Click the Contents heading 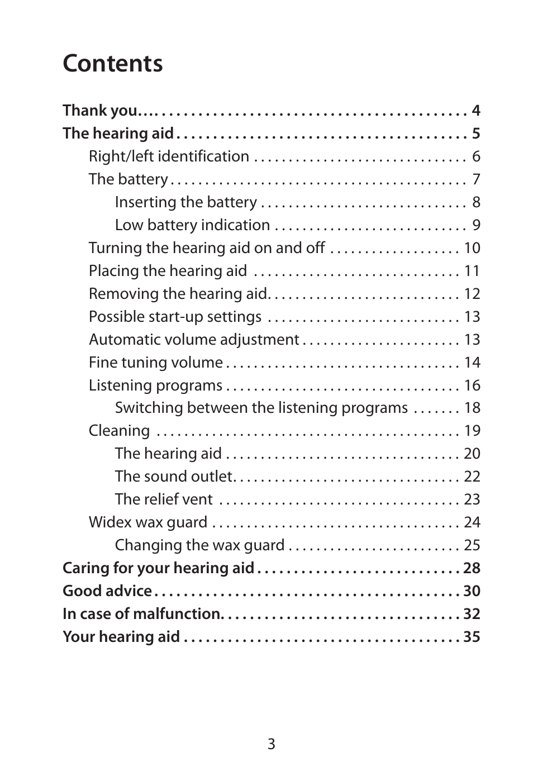pyautogui.click(x=113, y=63)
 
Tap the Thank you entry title pyautogui.click(x=100, y=111)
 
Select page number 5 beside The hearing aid pyautogui.click(x=475, y=134)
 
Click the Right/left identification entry pyautogui.click(x=169, y=156)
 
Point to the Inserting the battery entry pyautogui.click(x=185, y=202)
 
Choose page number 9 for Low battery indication pyautogui.click(x=476, y=225)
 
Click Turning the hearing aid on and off pyautogui.click(x=206, y=248)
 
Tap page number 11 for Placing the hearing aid pyautogui.click(x=472, y=271)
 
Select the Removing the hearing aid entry pyautogui.click(x=178, y=294)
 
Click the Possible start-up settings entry pyautogui.click(x=175, y=317)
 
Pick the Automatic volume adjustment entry pyautogui.click(x=194, y=340)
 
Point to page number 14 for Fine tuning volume pyautogui.click(x=472, y=363)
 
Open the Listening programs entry pyautogui.click(x=155, y=385)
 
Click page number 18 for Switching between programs pyautogui.click(x=472, y=408)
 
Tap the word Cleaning pyautogui.click(x=119, y=431)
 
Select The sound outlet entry pyautogui.click(x=173, y=477)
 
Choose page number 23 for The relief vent pyautogui.click(x=472, y=499)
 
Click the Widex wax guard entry pyautogui.click(x=148, y=522)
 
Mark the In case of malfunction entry pyautogui.click(x=142, y=614)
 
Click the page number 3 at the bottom pyautogui.click(x=271, y=744)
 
